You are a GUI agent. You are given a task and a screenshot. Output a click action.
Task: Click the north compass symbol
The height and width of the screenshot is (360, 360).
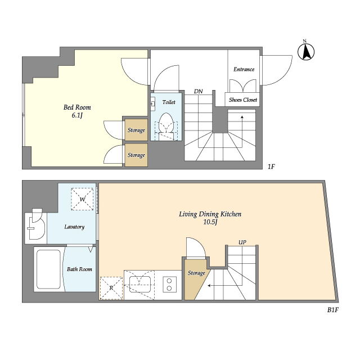tap(306, 51)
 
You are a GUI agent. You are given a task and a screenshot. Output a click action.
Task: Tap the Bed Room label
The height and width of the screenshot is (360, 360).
tap(77, 107)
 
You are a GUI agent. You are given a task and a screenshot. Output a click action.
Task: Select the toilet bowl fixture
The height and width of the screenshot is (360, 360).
tap(166, 123)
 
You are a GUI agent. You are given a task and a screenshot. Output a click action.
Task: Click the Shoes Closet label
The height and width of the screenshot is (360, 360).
tap(243, 100)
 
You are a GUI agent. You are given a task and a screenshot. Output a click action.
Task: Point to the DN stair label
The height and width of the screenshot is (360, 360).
tap(199, 91)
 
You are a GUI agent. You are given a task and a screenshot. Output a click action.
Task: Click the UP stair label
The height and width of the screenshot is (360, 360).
tap(242, 242)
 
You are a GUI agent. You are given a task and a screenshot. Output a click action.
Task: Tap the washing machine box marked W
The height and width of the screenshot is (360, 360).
tap(83, 199)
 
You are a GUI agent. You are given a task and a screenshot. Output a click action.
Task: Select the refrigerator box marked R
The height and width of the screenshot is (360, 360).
tap(111, 288)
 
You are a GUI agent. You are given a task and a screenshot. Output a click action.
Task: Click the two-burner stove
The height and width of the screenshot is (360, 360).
tap(169, 284)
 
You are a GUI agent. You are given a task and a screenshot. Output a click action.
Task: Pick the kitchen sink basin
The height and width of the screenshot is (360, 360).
tap(140, 284)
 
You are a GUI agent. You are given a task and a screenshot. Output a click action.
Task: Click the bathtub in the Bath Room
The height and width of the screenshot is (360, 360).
tap(49, 269)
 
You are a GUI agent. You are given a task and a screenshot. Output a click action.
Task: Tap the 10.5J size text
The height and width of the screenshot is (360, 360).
tap(210, 223)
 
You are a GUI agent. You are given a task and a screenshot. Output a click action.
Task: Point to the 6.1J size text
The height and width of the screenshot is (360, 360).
tap(77, 115)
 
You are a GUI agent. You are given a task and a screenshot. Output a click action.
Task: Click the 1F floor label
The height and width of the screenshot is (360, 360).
tap(271, 166)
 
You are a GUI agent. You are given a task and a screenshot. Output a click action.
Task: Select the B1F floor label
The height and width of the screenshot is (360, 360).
tap(333, 310)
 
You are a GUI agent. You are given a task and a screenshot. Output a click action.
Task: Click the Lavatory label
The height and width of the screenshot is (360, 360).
tap(74, 227)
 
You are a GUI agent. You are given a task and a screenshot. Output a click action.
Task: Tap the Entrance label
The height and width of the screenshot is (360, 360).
tap(244, 69)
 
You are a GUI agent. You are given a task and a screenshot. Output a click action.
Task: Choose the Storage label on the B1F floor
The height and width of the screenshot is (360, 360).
tap(196, 273)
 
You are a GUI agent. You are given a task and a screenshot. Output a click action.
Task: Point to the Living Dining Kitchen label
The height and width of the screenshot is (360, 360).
tap(210, 214)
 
